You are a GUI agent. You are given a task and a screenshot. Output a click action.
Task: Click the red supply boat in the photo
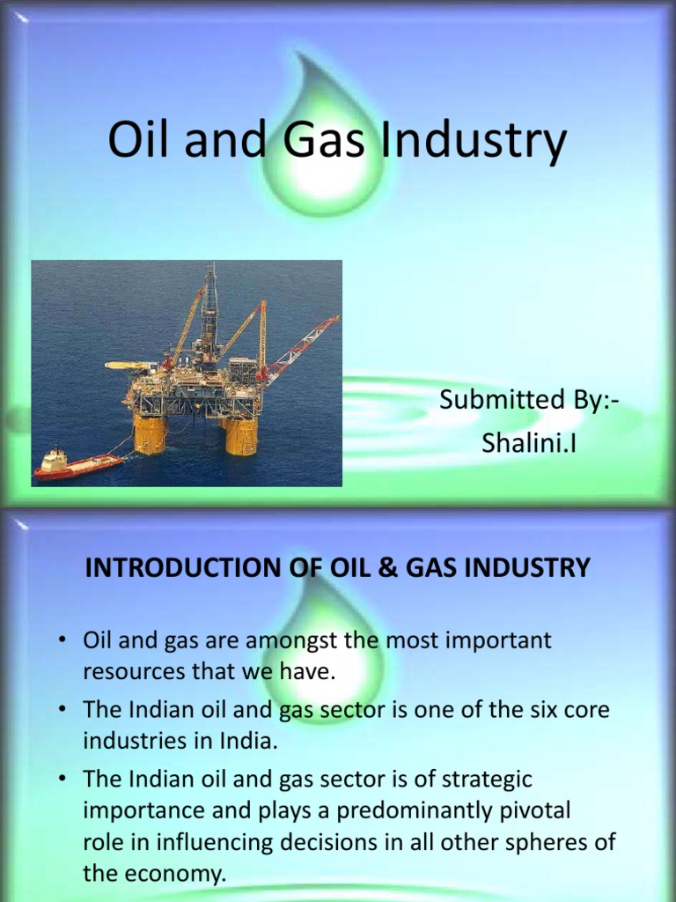coord(77,464)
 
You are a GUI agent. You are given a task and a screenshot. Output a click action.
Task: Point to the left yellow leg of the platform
coord(149,433)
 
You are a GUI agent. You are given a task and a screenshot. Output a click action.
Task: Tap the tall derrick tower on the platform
coord(209,308)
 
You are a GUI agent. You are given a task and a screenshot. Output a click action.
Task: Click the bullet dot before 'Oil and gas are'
coord(64,641)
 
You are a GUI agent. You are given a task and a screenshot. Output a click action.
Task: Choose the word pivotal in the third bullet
coord(525,810)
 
